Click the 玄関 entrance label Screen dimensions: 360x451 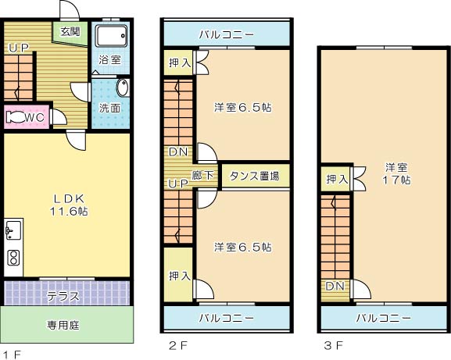point(70,32)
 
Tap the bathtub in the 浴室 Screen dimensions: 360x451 point(109,37)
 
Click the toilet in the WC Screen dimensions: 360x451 point(17,118)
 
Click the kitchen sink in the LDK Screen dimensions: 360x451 point(13,230)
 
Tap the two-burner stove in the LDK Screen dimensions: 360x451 point(13,258)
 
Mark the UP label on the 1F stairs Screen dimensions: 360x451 point(19,48)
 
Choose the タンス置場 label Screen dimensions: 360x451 point(254,176)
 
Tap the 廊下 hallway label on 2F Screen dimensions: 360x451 point(204,176)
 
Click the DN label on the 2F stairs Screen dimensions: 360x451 point(177,151)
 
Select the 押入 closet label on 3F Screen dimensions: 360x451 point(337,180)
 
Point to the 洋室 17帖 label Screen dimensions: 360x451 point(396,173)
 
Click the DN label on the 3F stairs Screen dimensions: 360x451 point(335,287)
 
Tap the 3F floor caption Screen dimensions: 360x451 point(332,344)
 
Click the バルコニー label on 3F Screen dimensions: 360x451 point(383,318)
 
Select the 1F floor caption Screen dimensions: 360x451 point(12,354)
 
